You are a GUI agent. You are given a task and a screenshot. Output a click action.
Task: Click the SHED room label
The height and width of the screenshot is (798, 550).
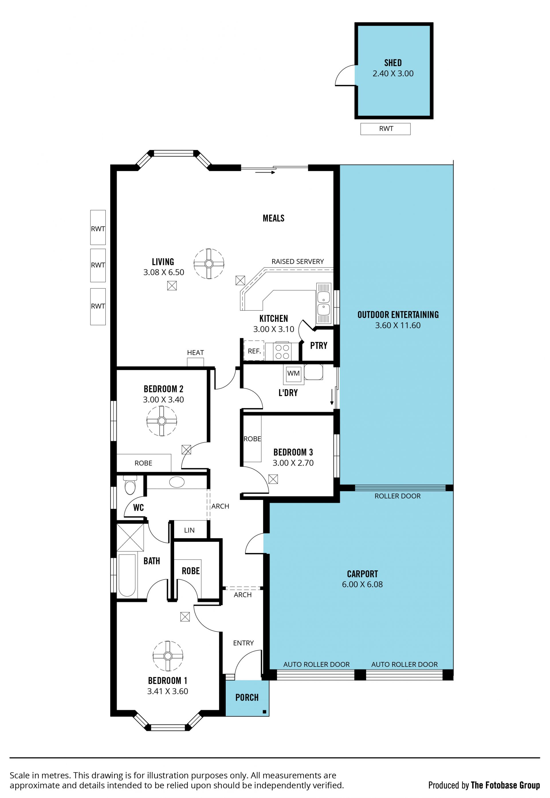click(x=393, y=63)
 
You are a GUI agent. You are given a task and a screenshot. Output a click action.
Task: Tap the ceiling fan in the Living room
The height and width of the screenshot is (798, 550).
click(x=209, y=264)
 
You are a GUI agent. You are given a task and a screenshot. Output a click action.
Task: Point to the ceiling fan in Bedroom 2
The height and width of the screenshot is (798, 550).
click(x=162, y=421)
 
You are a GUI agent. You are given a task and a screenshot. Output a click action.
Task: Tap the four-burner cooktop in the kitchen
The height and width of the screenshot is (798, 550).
click(x=282, y=352)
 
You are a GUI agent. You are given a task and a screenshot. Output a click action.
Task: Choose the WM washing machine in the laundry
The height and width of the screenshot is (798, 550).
click(x=293, y=374)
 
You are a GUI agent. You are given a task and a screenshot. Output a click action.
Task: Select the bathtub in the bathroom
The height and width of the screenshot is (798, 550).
click(x=127, y=575)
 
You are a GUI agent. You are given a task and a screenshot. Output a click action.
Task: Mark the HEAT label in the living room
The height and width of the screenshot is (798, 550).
click(x=195, y=352)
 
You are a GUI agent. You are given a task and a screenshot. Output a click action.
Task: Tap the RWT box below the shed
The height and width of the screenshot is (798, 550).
click(x=386, y=129)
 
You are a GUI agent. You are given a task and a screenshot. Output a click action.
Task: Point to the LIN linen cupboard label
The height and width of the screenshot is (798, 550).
click(x=189, y=530)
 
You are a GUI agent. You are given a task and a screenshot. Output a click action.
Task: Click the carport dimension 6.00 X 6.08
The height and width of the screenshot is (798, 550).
click(x=362, y=584)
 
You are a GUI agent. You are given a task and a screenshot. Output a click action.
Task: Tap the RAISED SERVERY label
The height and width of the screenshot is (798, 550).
click(x=298, y=261)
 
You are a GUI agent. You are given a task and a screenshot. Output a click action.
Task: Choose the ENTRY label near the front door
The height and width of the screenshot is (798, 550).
click(x=243, y=643)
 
